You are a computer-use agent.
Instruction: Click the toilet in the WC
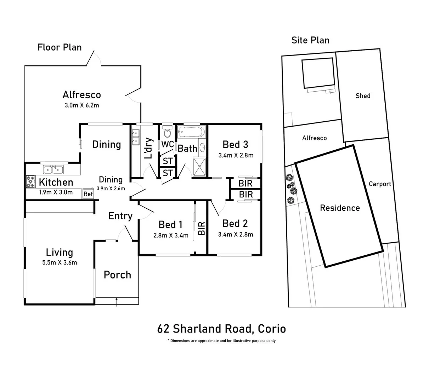click(167, 131)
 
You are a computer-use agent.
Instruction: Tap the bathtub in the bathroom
click(191, 132)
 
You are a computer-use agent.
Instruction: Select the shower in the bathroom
click(199, 167)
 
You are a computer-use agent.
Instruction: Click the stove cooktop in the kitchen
click(31, 181)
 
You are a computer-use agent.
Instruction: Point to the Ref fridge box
click(88, 193)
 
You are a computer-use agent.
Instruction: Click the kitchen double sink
click(53, 169)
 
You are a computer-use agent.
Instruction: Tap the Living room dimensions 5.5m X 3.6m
click(60, 262)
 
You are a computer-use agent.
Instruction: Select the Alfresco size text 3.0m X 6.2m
click(82, 105)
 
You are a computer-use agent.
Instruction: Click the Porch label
click(117, 275)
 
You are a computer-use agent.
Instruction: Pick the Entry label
click(120, 216)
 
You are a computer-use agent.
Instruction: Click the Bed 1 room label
click(170, 225)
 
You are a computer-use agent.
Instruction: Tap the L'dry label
click(148, 148)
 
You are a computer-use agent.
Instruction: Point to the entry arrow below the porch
click(117, 302)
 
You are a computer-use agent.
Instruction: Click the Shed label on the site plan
click(363, 96)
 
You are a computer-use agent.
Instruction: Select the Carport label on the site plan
click(380, 184)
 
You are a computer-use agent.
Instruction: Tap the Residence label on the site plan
click(340, 208)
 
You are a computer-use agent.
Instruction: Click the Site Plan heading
click(310, 40)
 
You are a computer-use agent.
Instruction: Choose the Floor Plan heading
click(60, 47)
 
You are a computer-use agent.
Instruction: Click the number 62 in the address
click(163, 329)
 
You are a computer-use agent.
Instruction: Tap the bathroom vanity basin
click(202, 147)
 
